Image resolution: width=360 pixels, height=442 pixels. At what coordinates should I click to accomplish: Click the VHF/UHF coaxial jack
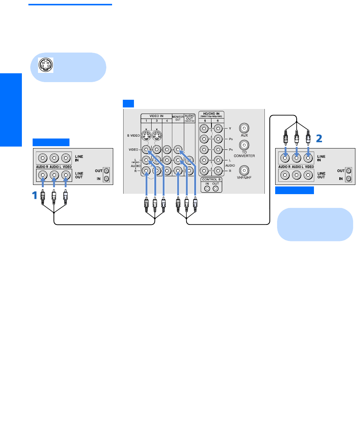click(244, 170)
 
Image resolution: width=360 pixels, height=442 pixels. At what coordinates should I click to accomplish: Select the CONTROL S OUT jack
click(215, 188)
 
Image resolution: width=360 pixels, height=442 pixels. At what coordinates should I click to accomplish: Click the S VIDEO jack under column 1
click(146, 135)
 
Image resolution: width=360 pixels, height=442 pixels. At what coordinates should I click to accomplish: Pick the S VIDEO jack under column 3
click(156, 135)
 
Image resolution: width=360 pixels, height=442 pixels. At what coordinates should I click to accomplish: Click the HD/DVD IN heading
click(211, 114)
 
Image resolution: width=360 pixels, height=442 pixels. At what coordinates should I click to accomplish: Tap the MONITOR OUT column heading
click(178, 117)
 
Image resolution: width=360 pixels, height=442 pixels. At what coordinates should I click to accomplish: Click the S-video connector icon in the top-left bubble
click(46, 65)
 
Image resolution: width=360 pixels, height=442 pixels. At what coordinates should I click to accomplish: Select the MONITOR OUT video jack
click(178, 149)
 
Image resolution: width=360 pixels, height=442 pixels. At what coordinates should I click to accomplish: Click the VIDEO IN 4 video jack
click(167, 149)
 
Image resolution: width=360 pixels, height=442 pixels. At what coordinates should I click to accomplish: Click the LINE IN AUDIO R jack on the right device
click(285, 157)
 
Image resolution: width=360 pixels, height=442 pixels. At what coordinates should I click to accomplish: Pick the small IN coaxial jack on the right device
click(348, 179)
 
